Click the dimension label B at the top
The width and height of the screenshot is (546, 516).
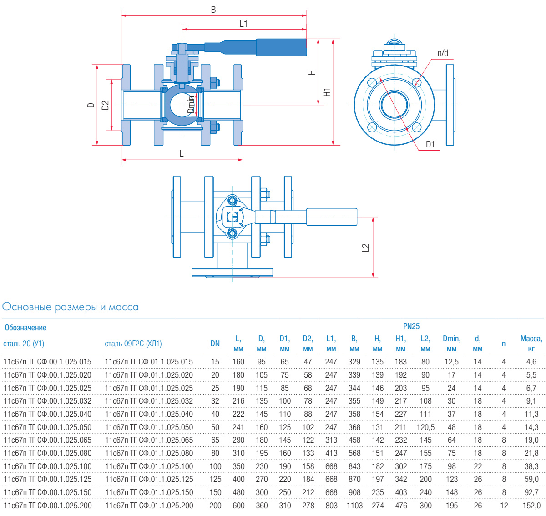point(213,10)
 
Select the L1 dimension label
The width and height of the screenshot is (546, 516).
point(243,24)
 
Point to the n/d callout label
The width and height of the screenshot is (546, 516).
point(443,53)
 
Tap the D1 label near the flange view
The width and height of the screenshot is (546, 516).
point(430,145)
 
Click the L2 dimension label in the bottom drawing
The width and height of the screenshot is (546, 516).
point(365,248)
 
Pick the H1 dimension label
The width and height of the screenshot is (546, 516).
point(327,92)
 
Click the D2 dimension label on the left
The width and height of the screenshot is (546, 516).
point(106,105)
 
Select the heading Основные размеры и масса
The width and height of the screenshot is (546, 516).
point(71,307)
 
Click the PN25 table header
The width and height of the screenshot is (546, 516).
point(411,326)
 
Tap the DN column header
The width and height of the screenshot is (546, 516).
point(215,344)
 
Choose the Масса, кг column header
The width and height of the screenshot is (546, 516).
point(531,344)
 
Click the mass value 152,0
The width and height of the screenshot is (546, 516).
point(531,506)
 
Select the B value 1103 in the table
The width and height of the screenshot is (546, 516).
point(354,506)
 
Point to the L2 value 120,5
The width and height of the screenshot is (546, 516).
point(425,427)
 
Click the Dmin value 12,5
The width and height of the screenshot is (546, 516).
point(451,362)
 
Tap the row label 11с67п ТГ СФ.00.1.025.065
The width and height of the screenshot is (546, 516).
point(47,440)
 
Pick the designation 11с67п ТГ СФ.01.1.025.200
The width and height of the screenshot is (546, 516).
point(149,506)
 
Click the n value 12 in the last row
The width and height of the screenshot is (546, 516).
point(504,506)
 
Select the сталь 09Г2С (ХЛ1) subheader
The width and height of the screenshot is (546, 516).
point(133,344)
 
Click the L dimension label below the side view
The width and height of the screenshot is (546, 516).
point(182,154)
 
